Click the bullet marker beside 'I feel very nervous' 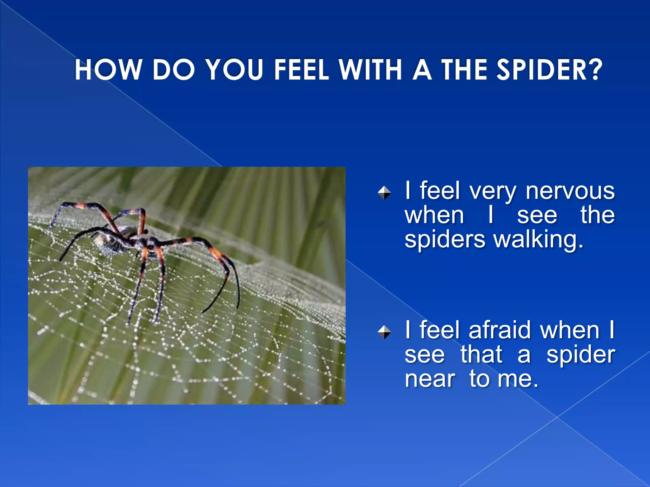[384, 193]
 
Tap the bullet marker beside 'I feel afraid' [384, 332]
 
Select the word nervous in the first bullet [570, 191]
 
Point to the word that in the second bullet [481, 354]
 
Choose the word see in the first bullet [537, 216]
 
